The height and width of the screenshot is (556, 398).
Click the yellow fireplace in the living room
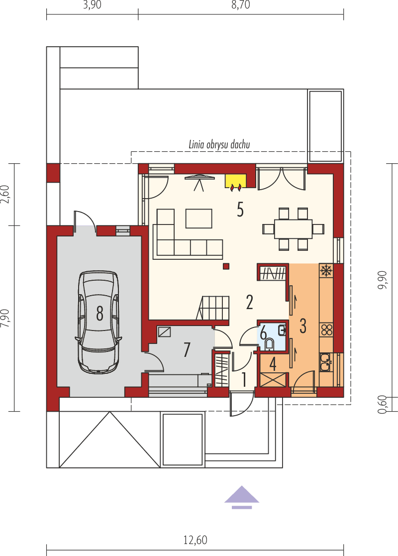pyautogui.click(x=236, y=181)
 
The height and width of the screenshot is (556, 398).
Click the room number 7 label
pyautogui.click(x=187, y=350)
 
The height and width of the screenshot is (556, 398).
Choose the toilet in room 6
pyautogui.click(x=270, y=344)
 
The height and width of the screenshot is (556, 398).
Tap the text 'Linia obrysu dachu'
pyautogui.click(x=219, y=144)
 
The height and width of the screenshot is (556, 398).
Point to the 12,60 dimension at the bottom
pyautogui.click(x=195, y=540)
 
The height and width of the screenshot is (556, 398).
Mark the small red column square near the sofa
pyautogui.click(x=226, y=266)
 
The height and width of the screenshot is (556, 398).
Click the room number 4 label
pyautogui.click(x=273, y=364)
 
